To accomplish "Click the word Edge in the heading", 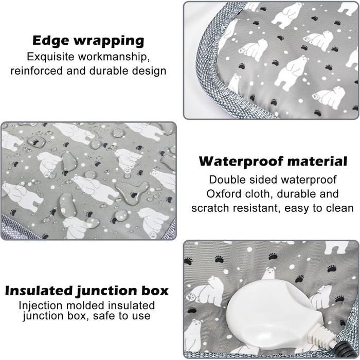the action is pos(50,41).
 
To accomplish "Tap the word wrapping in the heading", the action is pos(109,41).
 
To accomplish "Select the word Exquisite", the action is pos(51,57).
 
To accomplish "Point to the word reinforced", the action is pos(37,70).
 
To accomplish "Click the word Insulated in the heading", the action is pos(39,291).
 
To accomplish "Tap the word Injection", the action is pos(41,306).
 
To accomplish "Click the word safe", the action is pos(104,316).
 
